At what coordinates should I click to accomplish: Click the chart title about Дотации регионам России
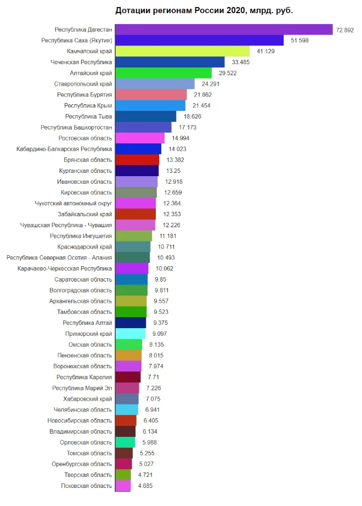[x=204, y=10]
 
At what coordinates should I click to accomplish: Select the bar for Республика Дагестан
[x=224, y=29]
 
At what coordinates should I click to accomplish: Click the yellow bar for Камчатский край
[x=182, y=51]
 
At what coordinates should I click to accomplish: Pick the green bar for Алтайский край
[x=163, y=73]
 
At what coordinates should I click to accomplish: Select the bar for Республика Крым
[x=150, y=105]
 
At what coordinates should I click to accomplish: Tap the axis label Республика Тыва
[x=88, y=116]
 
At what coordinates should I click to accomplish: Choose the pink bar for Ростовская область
[x=140, y=138]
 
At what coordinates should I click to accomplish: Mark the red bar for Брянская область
[x=137, y=160]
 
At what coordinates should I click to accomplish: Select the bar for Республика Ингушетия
[x=133, y=236]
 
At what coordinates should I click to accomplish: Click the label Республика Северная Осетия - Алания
[x=59, y=257]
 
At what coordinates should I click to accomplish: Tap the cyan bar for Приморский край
[x=130, y=334]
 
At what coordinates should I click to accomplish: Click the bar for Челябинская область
[x=127, y=409]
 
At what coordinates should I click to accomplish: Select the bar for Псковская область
[x=123, y=486]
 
